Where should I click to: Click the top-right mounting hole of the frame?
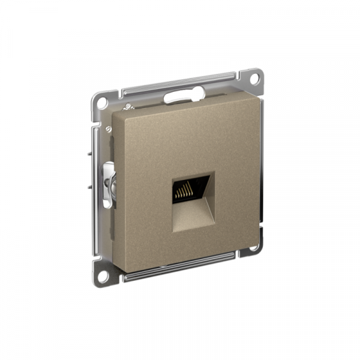pos(254,78)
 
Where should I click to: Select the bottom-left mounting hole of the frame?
pos(103,277)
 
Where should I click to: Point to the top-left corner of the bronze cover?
pos(114,113)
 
